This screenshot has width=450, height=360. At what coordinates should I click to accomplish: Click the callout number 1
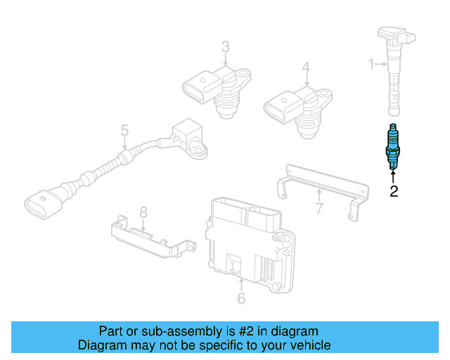[372, 65]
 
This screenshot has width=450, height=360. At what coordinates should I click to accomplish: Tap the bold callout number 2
[394, 190]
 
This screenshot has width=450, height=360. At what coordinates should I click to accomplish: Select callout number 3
[225, 47]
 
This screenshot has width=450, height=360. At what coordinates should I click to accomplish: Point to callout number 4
[306, 67]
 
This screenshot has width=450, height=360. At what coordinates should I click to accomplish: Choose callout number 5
[124, 130]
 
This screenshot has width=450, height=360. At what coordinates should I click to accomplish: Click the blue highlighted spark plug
[393, 148]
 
